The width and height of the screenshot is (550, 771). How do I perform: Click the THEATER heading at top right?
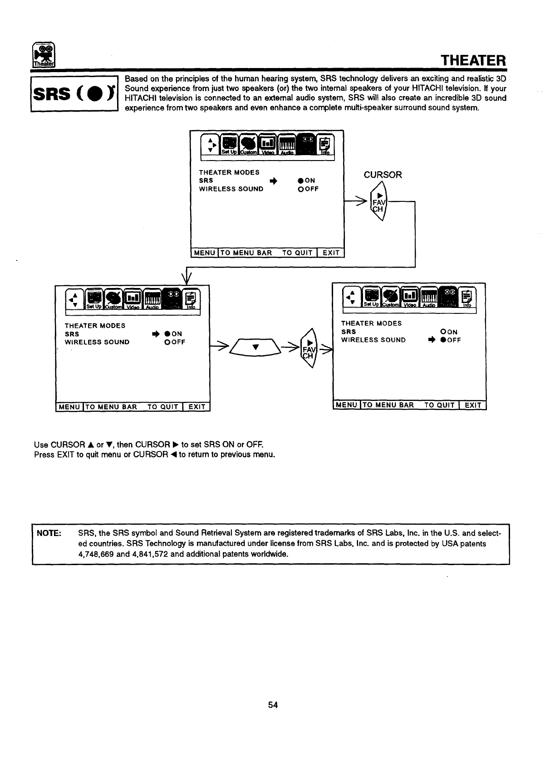pyautogui.click(x=473, y=60)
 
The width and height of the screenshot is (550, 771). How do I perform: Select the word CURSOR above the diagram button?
pyautogui.click(x=383, y=175)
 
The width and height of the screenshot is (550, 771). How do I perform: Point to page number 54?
pyautogui.click(x=273, y=705)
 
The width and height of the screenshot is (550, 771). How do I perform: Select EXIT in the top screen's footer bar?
pyautogui.click(x=331, y=253)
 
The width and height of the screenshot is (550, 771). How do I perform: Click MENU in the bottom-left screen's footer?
pyautogui.click(x=69, y=407)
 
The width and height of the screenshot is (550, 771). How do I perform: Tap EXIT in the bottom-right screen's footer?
pyautogui.click(x=472, y=405)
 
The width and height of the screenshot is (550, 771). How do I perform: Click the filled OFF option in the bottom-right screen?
pyautogui.click(x=450, y=340)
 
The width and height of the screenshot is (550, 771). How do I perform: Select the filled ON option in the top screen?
pyautogui.click(x=307, y=181)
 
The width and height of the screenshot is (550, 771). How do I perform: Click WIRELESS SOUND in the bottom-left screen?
pyautogui.click(x=97, y=342)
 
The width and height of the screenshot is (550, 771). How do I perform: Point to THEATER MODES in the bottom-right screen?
pyautogui.click(x=371, y=323)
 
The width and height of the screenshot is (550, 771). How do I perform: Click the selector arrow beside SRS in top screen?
pyautogui.click(x=273, y=181)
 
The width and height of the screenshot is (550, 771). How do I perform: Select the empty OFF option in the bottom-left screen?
pyautogui.click(x=175, y=342)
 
